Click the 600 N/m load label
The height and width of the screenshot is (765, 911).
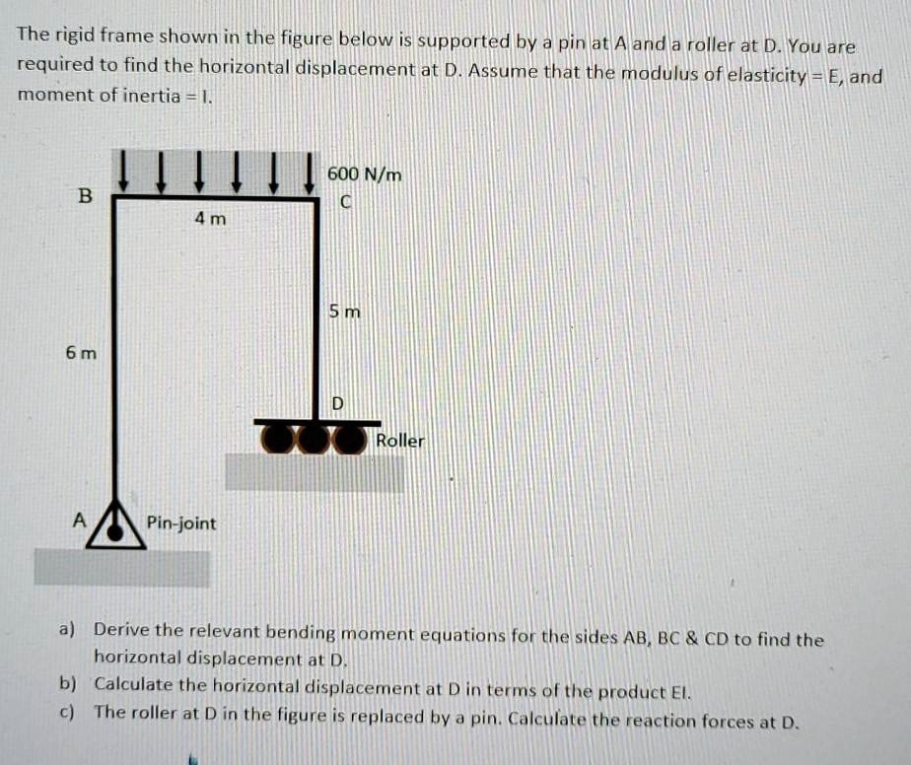pos(364,174)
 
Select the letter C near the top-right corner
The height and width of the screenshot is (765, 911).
pos(344,203)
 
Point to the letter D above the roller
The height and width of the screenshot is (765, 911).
pos(338,403)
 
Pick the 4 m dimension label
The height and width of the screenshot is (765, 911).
pos(210,219)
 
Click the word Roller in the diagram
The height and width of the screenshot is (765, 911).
pos(399,441)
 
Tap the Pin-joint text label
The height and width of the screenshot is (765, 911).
pos(181,522)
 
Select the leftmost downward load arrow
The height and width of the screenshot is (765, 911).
pos(123,170)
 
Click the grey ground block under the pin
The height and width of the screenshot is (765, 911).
pos(122,568)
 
